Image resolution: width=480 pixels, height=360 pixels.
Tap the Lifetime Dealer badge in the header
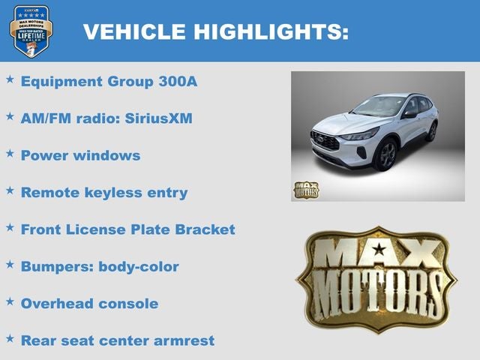pyautogui.click(x=31, y=31)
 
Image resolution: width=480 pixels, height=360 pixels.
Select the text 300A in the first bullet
pyautogui.click(x=178, y=81)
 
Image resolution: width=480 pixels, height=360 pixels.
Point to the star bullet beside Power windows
pyautogui.click(x=10, y=153)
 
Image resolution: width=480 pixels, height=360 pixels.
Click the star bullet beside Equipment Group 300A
pyautogui.click(x=10, y=79)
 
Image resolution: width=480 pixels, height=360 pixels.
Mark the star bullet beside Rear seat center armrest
pyautogui.click(x=10, y=338)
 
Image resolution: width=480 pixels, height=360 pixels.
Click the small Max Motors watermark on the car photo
pyautogui.click(x=305, y=190)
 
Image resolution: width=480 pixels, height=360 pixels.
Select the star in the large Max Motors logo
pyautogui.click(x=379, y=250)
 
